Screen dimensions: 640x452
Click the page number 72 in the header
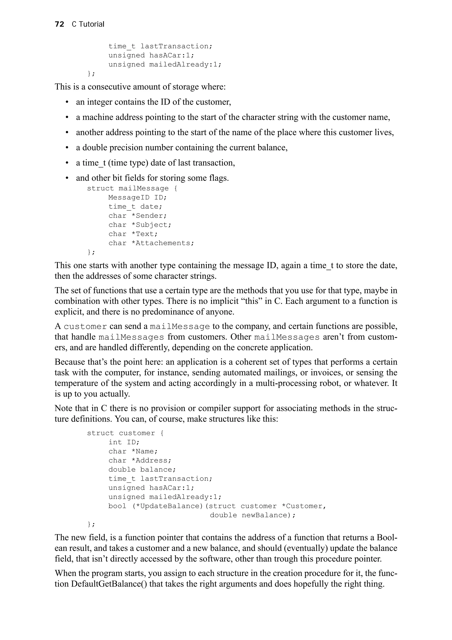click(59, 24)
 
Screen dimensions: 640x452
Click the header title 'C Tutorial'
click(88, 24)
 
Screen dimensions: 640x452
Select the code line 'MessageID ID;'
click(137, 197)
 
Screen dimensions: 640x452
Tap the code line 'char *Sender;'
click(137, 216)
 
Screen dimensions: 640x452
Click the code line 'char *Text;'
click(133, 234)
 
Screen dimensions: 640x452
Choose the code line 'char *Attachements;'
click(151, 243)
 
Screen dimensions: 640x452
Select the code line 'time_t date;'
click(135, 206)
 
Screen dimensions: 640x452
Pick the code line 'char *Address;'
click(140, 460)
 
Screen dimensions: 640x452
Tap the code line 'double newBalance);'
click(252, 515)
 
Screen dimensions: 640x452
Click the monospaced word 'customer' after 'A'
click(85, 326)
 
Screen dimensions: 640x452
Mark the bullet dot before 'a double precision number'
click(67, 148)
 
